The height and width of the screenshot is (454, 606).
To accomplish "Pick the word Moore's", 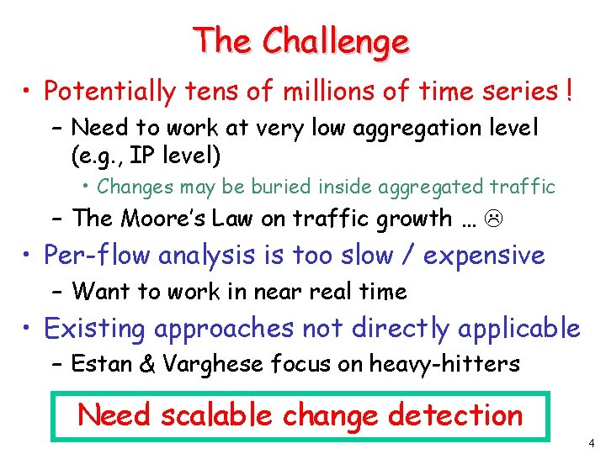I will coord(161,219).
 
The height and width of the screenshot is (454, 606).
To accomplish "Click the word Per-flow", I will coord(97,255).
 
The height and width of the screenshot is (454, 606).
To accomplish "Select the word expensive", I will coord(484,255).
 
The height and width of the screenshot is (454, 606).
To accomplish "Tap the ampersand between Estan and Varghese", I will coord(148,364).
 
